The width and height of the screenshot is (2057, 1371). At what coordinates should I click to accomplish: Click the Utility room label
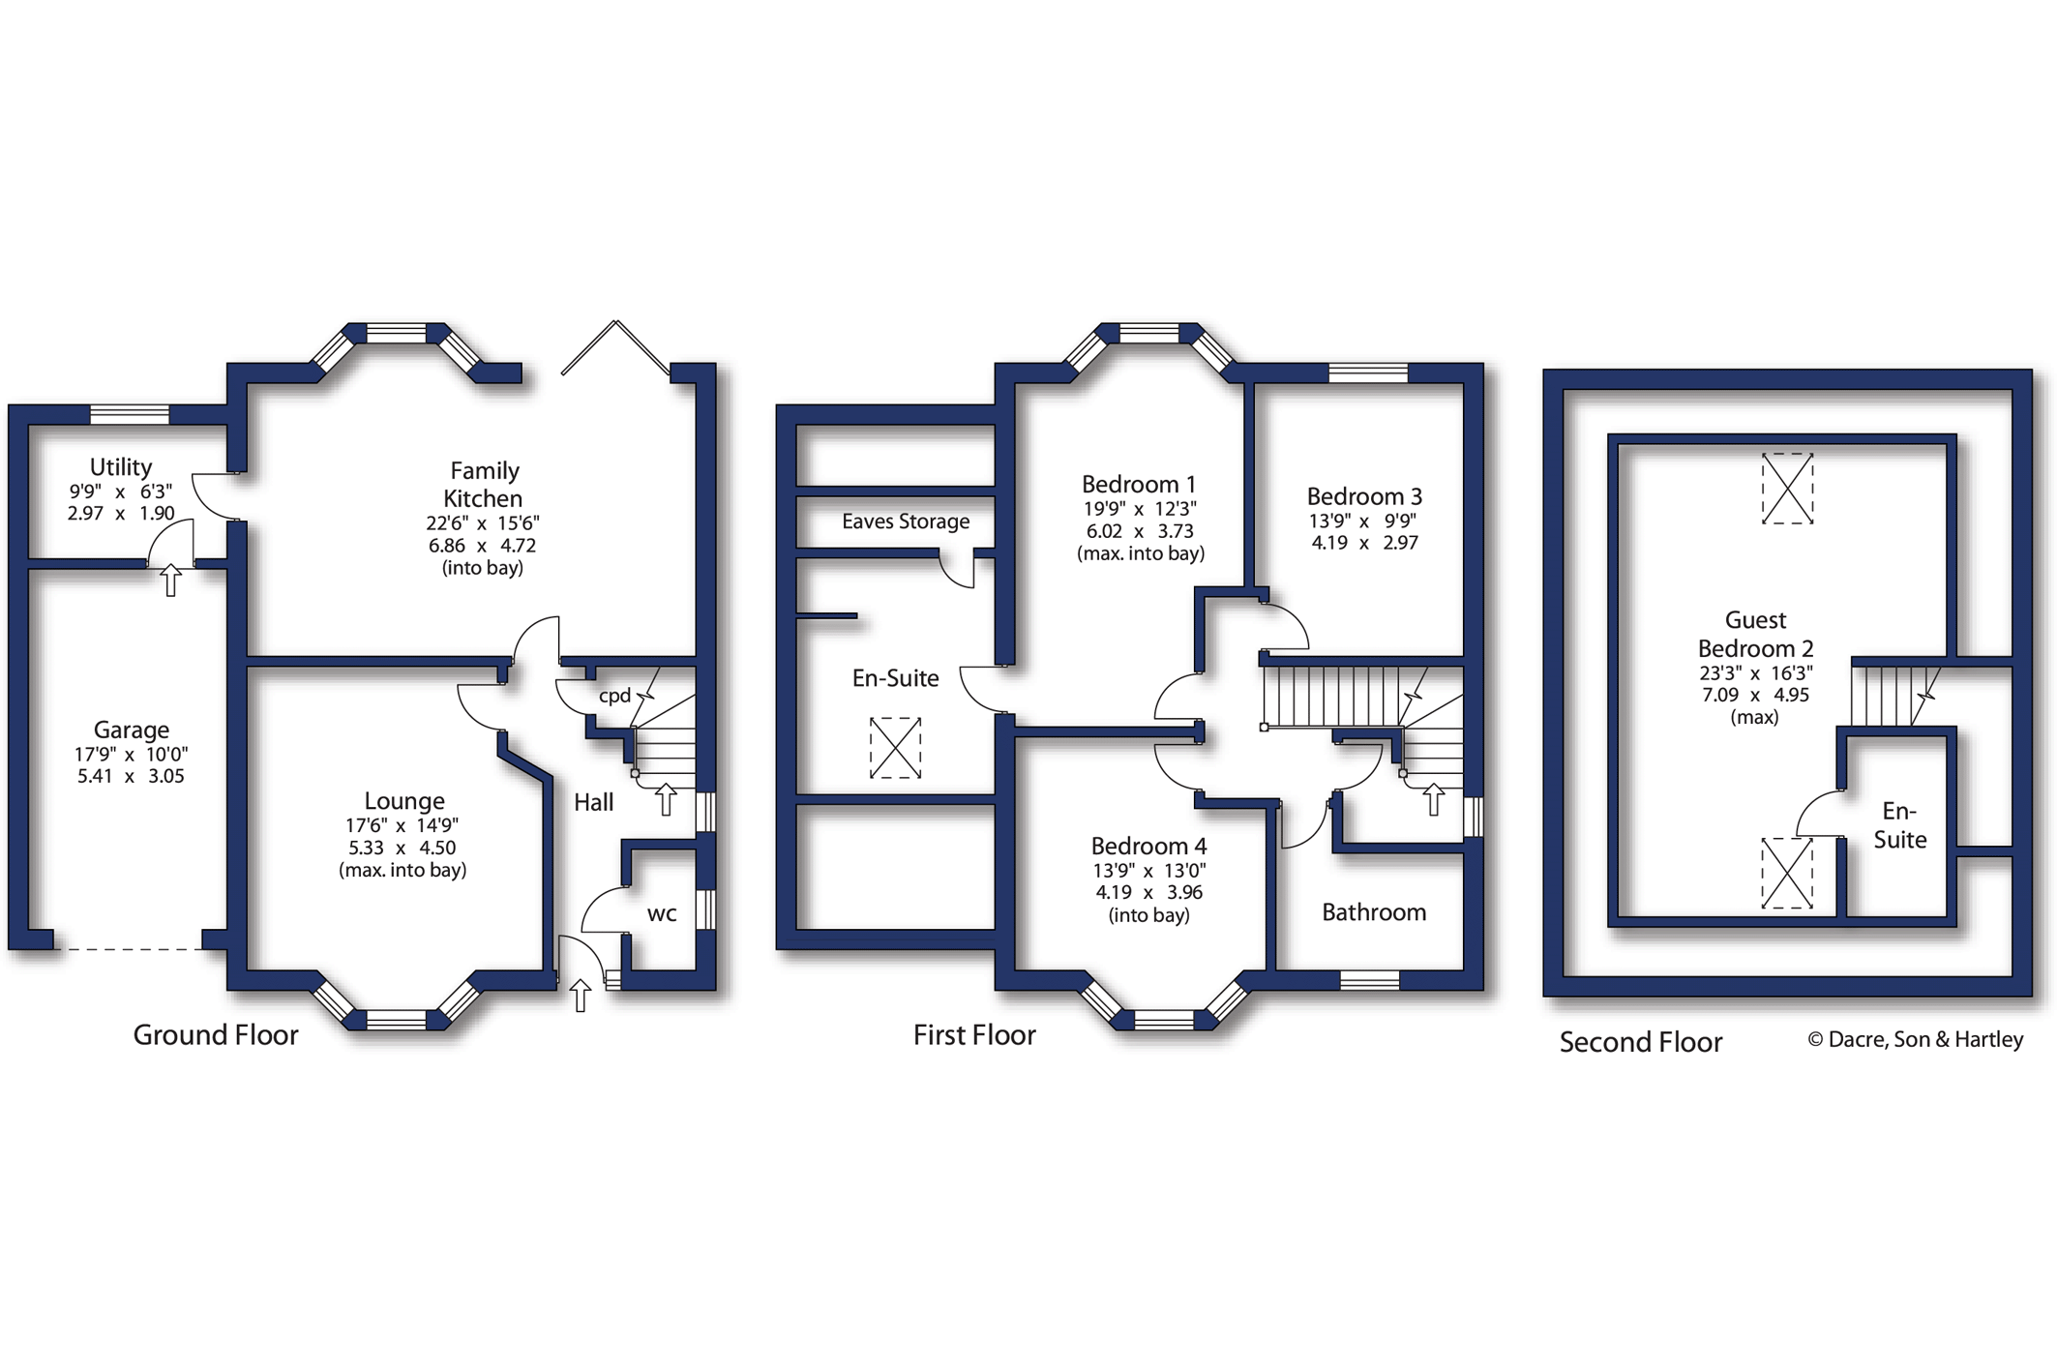[x=121, y=467]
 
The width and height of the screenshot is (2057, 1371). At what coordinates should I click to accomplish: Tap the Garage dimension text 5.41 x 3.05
[x=131, y=776]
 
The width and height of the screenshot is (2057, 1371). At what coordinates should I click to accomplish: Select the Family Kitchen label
[x=484, y=484]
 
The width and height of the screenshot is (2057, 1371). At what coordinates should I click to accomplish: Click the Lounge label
[x=404, y=801]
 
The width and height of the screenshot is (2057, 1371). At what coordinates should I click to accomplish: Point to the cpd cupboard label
[x=614, y=696]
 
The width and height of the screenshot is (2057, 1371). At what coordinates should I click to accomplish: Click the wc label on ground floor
[x=662, y=914]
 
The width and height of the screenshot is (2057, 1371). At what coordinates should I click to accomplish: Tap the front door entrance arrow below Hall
[x=581, y=995]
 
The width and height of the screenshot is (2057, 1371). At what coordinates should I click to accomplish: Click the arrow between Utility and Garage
[x=170, y=580]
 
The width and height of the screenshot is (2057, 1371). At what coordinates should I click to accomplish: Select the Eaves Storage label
[x=906, y=522]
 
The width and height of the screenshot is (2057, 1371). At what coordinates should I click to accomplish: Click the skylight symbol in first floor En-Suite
[x=895, y=747]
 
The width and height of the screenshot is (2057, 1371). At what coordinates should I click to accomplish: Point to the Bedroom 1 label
[x=1139, y=484]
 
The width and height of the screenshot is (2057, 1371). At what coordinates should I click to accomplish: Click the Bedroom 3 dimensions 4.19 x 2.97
[x=1364, y=543]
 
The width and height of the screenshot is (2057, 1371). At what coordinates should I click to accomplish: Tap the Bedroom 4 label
[x=1148, y=847]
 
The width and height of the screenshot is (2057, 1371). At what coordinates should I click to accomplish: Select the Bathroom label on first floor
[x=1374, y=912]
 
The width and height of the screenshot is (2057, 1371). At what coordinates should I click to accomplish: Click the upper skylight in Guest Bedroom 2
[x=1787, y=489]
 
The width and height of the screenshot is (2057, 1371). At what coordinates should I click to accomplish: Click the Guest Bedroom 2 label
[x=1755, y=634]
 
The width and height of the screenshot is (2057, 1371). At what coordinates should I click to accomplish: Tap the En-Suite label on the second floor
[x=1899, y=825]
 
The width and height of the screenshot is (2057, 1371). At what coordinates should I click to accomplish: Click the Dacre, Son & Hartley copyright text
[x=1916, y=1039]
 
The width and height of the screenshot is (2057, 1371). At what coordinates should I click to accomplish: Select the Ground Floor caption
[x=216, y=1035]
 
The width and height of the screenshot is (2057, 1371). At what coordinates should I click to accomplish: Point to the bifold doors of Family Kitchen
[x=615, y=348]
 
